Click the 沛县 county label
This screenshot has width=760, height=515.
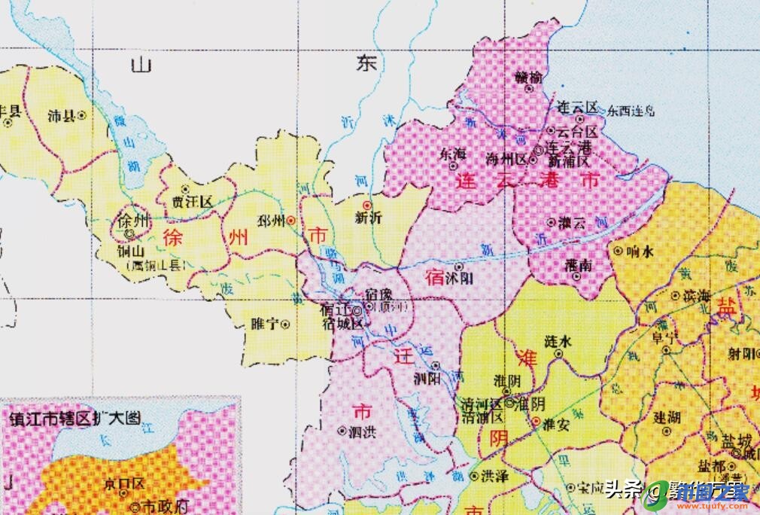point(61,117)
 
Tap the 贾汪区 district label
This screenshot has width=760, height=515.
point(193,202)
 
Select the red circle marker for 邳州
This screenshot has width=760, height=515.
point(290,221)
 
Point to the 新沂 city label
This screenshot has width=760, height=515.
point(368,218)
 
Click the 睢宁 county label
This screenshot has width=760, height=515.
point(265,324)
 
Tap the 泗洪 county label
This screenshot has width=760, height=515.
point(362,432)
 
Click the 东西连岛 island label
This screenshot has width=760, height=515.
point(631,110)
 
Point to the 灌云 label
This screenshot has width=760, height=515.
point(572,222)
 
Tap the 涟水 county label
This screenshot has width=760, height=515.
point(558,341)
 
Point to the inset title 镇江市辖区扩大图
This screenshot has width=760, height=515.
point(74,419)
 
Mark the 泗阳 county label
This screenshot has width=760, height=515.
point(427,379)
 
